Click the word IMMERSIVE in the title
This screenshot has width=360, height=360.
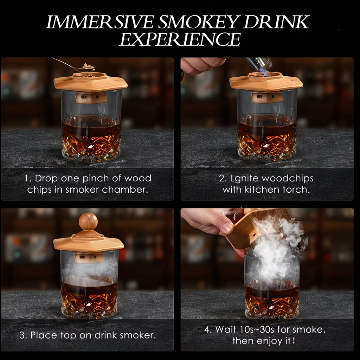[99, 22]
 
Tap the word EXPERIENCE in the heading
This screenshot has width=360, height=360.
[180, 39]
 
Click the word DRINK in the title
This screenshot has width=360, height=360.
[276, 22]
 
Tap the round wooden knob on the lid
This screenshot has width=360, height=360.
[88, 221]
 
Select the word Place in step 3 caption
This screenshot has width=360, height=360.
[44, 335]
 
